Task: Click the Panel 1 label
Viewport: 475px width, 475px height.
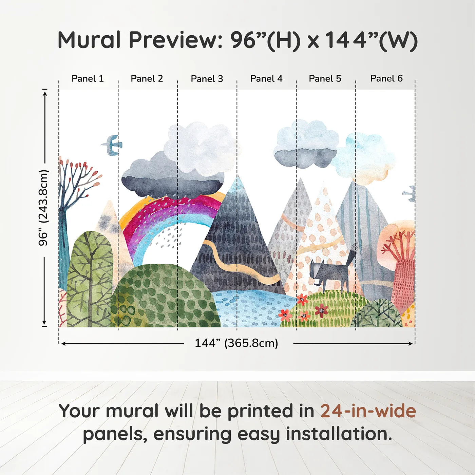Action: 88,78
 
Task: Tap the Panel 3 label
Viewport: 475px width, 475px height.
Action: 207,79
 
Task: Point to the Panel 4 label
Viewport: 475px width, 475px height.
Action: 266,78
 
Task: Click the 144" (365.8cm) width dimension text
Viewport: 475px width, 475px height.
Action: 236,343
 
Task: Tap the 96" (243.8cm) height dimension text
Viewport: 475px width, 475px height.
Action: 43,208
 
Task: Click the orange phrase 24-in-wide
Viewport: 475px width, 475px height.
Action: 368,411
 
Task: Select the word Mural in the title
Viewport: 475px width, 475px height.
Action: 89,40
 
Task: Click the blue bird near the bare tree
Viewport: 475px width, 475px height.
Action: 111,145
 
